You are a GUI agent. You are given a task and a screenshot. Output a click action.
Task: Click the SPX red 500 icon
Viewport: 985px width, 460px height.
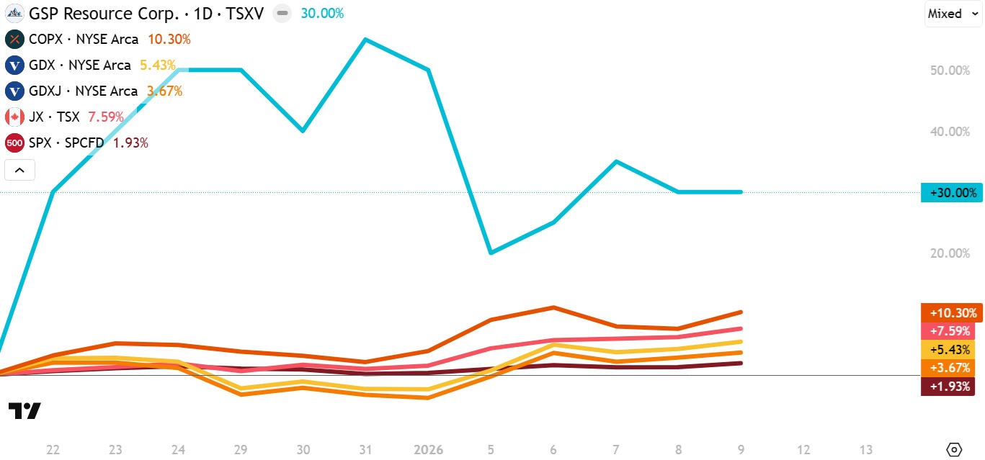14,143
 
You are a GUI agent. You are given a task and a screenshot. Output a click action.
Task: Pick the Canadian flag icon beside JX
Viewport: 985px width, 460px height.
14,117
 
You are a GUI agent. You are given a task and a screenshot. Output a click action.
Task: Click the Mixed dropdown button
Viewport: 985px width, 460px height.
953,14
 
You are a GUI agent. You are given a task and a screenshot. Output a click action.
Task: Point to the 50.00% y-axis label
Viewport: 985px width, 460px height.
950,71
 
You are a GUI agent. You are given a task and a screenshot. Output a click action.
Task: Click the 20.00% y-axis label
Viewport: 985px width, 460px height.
950,253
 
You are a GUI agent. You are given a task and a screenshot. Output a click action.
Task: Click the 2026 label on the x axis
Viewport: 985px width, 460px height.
428,450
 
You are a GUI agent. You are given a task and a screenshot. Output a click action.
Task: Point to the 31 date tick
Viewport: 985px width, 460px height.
365,450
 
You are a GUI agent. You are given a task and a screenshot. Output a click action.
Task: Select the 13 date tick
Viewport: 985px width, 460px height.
866,450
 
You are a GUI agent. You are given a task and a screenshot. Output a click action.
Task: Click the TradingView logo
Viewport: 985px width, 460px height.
24,411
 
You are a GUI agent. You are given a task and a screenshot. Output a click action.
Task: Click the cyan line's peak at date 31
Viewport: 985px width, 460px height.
365,39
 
